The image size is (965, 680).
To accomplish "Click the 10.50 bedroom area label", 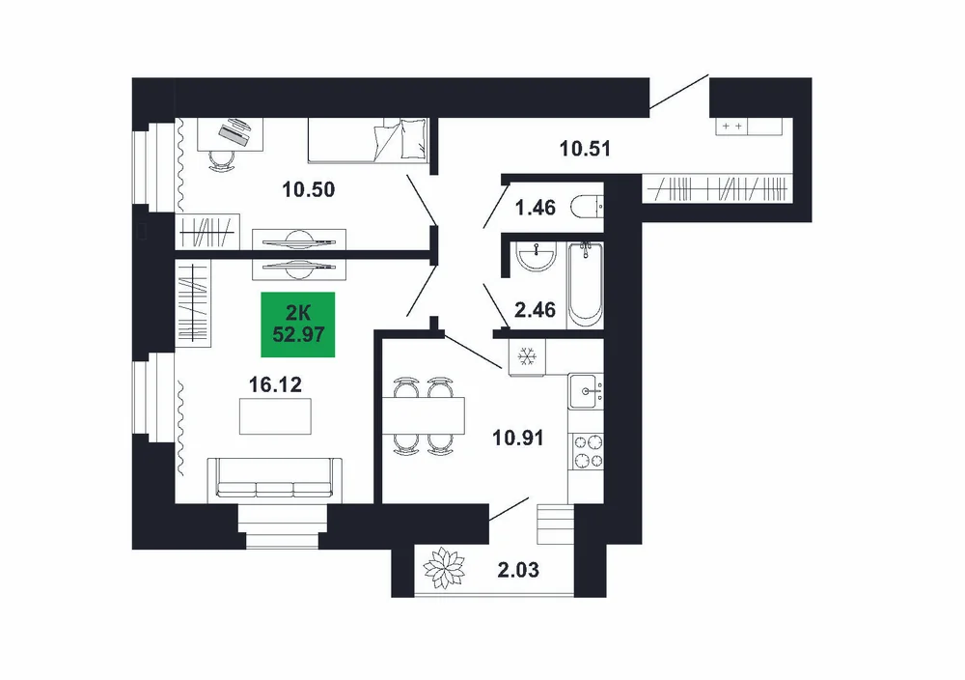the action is (309, 189).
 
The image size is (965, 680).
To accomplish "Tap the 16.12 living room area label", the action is (275, 385).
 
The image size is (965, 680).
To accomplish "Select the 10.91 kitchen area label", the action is (517, 438).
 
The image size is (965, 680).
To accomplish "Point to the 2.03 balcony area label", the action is (518, 570).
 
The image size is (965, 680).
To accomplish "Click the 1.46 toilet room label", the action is (535, 209).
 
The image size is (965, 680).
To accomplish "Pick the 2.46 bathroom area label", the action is (535, 310).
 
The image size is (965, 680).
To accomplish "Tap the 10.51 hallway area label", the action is (585, 149).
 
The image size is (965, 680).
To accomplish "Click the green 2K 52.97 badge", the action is (298, 325).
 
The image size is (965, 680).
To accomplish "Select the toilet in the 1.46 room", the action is (587, 207).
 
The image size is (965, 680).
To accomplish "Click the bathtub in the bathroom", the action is (586, 285).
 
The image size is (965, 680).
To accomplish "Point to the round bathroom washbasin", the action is (537, 257).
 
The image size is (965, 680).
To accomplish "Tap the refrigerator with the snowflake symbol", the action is (527, 356).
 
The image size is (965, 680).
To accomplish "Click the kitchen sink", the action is (584, 391).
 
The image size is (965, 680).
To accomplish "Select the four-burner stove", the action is (588, 451).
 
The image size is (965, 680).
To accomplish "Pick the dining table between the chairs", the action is (423, 416).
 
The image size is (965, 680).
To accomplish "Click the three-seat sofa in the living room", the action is (274, 478).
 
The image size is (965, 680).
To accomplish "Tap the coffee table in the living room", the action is (275, 416).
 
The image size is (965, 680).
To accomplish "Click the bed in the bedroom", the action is (368, 140).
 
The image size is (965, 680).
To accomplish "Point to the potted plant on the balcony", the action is (443, 568).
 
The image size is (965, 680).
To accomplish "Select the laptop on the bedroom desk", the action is (235, 130).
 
